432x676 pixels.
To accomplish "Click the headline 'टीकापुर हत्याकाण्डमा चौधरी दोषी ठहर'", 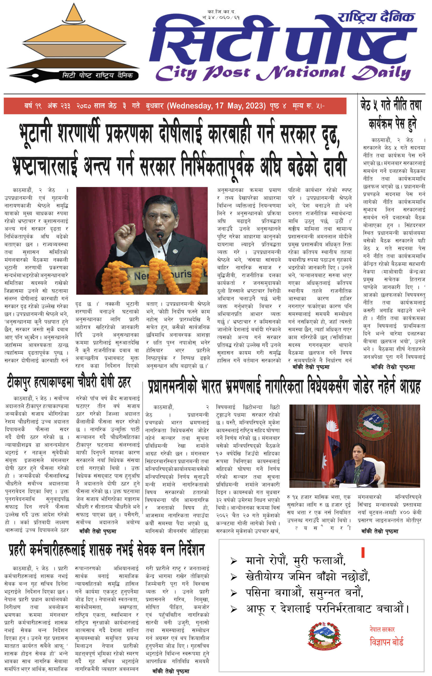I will [69, 382].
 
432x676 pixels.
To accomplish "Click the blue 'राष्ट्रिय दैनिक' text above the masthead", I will [376, 17].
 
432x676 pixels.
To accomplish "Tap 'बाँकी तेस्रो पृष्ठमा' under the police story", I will [170, 671].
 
